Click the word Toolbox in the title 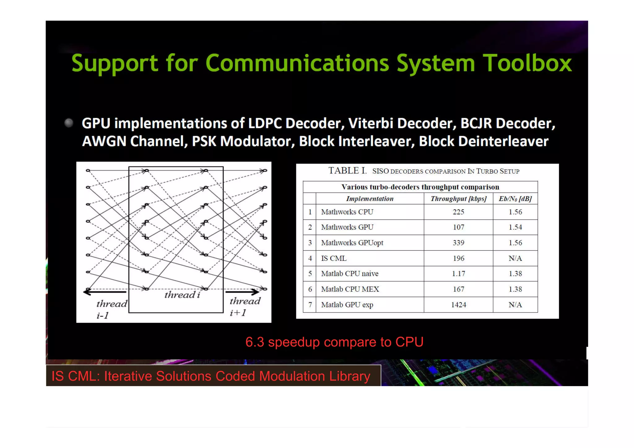(x=527, y=63)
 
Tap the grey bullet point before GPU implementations (x=69, y=123)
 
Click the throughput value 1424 (x=458, y=305)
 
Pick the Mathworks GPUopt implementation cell (x=352, y=243)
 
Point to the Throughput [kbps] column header (x=458, y=199)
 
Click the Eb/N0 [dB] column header (x=515, y=199)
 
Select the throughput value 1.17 (x=458, y=274)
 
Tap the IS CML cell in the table (x=334, y=258)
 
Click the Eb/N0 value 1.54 (x=515, y=227)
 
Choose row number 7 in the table (x=310, y=305)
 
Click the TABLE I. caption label (x=347, y=171)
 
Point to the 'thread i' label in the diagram (x=182, y=295)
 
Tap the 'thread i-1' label (x=111, y=309)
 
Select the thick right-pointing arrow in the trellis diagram (x=242, y=291)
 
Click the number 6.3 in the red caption (x=254, y=342)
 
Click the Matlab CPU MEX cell (x=350, y=289)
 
